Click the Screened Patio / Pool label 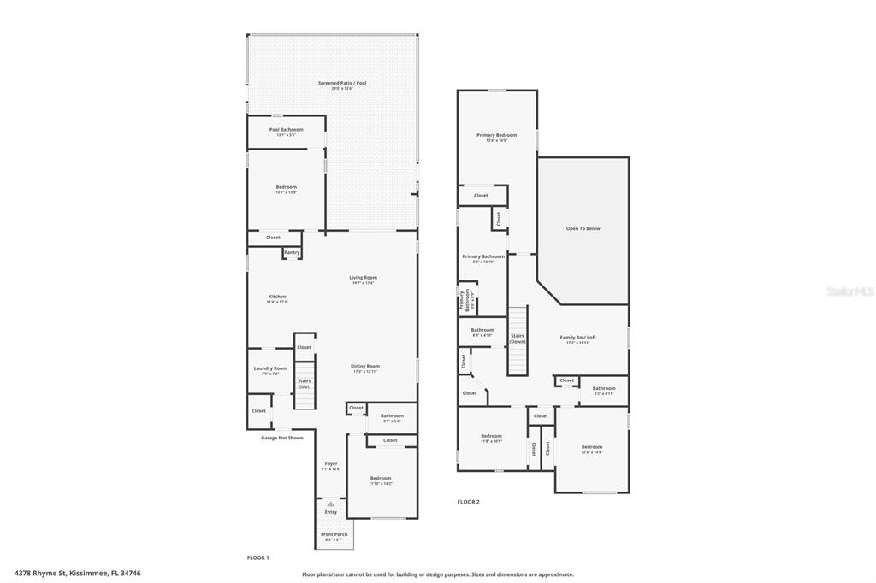tap(342, 83)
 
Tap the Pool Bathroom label tap(286, 130)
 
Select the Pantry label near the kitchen tap(292, 252)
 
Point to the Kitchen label tap(277, 297)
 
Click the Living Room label tap(363, 278)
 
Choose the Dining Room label tap(365, 367)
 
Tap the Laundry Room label tap(270, 368)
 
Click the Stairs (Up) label tap(304, 384)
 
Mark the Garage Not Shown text tap(282, 438)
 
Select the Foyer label tap(330, 464)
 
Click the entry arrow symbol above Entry tap(330, 504)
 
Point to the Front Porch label tap(334, 535)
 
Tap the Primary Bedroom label tap(497, 135)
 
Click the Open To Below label tap(583, 228)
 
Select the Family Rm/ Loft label tap(578, 338)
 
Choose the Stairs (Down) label tap(518, 339)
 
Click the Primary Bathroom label tap(483, 256)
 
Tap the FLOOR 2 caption tap(468, 502)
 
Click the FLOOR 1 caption tap(257, 557)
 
